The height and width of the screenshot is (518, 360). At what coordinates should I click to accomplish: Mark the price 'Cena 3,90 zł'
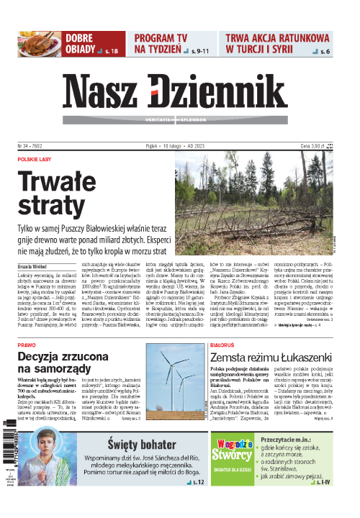point(315,144)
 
